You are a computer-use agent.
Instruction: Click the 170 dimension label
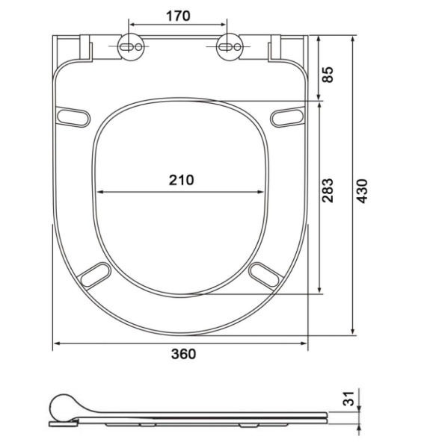pos(178,16)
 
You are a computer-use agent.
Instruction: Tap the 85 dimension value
pos(328,75)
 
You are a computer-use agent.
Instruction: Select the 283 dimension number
pos(328,190)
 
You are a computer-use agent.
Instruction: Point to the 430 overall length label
pos(362,191)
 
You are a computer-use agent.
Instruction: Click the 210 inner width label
pos(181,180)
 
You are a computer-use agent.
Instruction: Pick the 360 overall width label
pos(183,354)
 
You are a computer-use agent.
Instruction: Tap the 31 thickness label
pos(348,399)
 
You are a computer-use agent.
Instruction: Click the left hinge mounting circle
pos(131,47)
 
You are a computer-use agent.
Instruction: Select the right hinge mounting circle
pos(230,47)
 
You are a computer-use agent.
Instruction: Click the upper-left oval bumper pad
pos(73,116)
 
